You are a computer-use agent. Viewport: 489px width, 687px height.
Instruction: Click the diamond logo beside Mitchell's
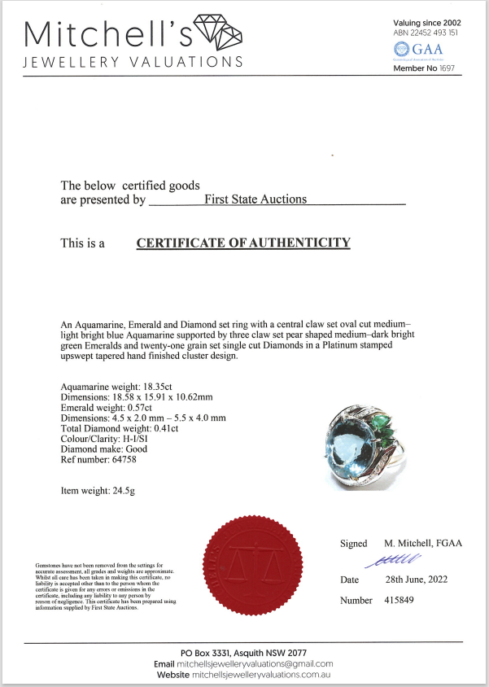coord(219,31)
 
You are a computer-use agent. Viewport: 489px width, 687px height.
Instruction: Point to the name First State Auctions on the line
coord(255,199)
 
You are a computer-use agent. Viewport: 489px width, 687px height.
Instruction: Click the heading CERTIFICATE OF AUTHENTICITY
coord(243,243)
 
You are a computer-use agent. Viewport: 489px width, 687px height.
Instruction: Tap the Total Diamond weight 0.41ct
coord(167,428)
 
